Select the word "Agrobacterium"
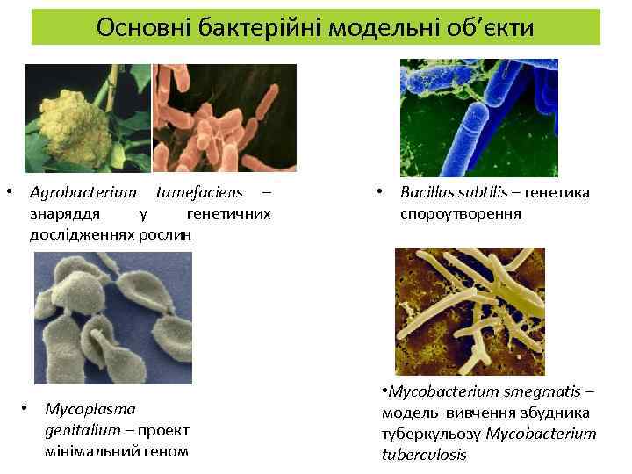(83, 192)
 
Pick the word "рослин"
(166, 234)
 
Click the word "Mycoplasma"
(90, 409)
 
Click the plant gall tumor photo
(87, 118)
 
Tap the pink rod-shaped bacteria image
(225, 118)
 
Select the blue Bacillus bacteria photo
(478, 118)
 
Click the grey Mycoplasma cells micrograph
(112, 318)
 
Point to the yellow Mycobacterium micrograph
(470, 312)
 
